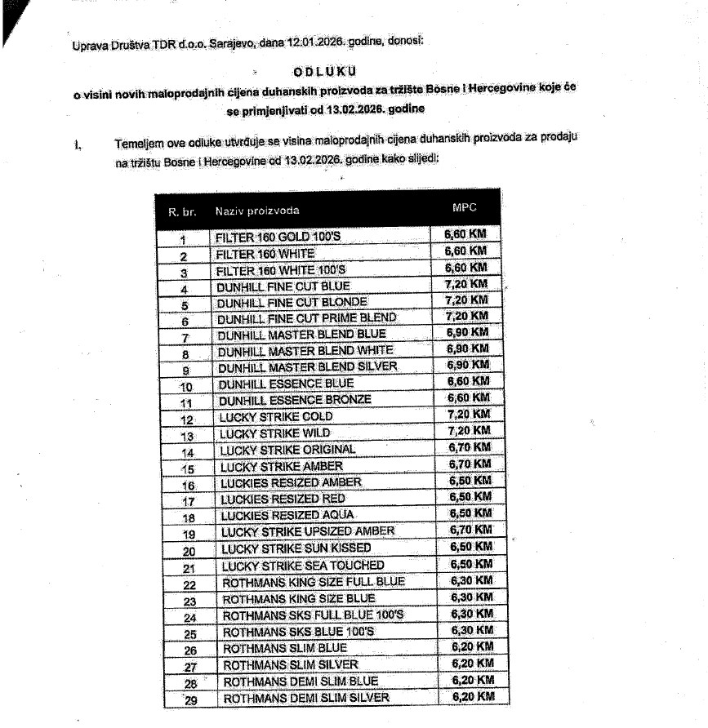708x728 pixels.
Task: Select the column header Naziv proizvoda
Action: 257,211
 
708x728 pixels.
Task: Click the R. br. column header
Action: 181,211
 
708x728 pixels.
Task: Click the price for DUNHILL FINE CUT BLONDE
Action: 466,300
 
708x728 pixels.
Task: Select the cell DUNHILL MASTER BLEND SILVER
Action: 307,366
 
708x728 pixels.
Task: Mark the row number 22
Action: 189,584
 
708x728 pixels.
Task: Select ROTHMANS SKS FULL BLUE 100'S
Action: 314,615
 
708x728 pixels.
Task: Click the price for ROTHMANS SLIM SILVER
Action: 472,664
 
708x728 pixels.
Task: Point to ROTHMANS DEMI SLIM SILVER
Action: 306,698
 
